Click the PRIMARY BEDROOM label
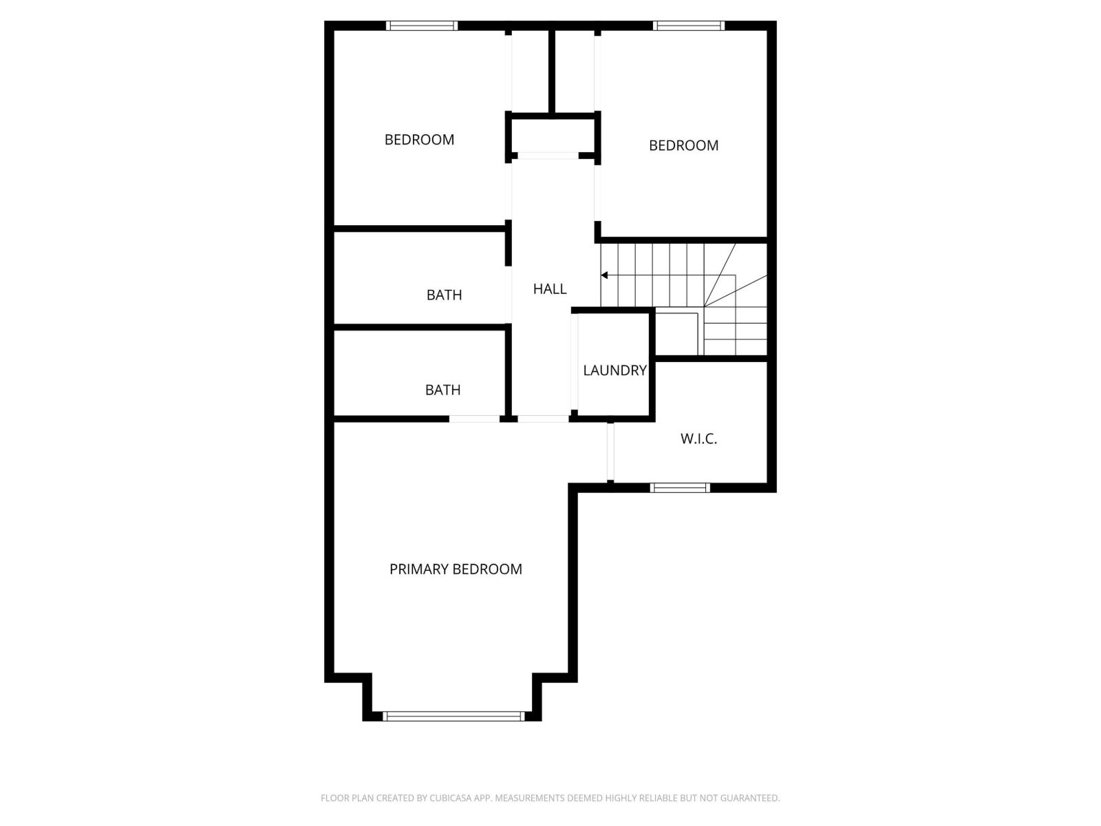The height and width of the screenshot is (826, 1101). [x=456, y=569]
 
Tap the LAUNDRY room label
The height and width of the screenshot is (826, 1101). [x=614, y=370]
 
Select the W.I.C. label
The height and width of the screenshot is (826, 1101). [x=698, y=438]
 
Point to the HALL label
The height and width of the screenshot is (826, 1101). [x=550, y=289]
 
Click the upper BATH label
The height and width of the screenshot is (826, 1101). [x=444, y=295]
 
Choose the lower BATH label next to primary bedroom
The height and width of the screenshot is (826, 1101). [x=442, y=390]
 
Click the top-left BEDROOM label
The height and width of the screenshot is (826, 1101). [x=419, y=140]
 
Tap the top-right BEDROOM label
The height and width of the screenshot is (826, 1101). [x=683, y=145]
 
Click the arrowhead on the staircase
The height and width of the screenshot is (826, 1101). [x=604, y=275]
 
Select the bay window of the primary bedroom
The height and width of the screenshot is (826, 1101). [x=453, y=716]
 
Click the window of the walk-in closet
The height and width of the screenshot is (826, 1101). [x=680, y=488]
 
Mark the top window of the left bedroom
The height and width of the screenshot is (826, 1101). [x=422, y=25]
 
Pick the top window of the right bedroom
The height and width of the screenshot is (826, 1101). [x=689, y=25]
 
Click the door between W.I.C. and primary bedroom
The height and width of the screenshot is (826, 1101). [x=610, y=452]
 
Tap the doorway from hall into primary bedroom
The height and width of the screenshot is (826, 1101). [x=543, y=418]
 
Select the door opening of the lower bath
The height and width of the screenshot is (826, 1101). [x=474, y=418]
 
